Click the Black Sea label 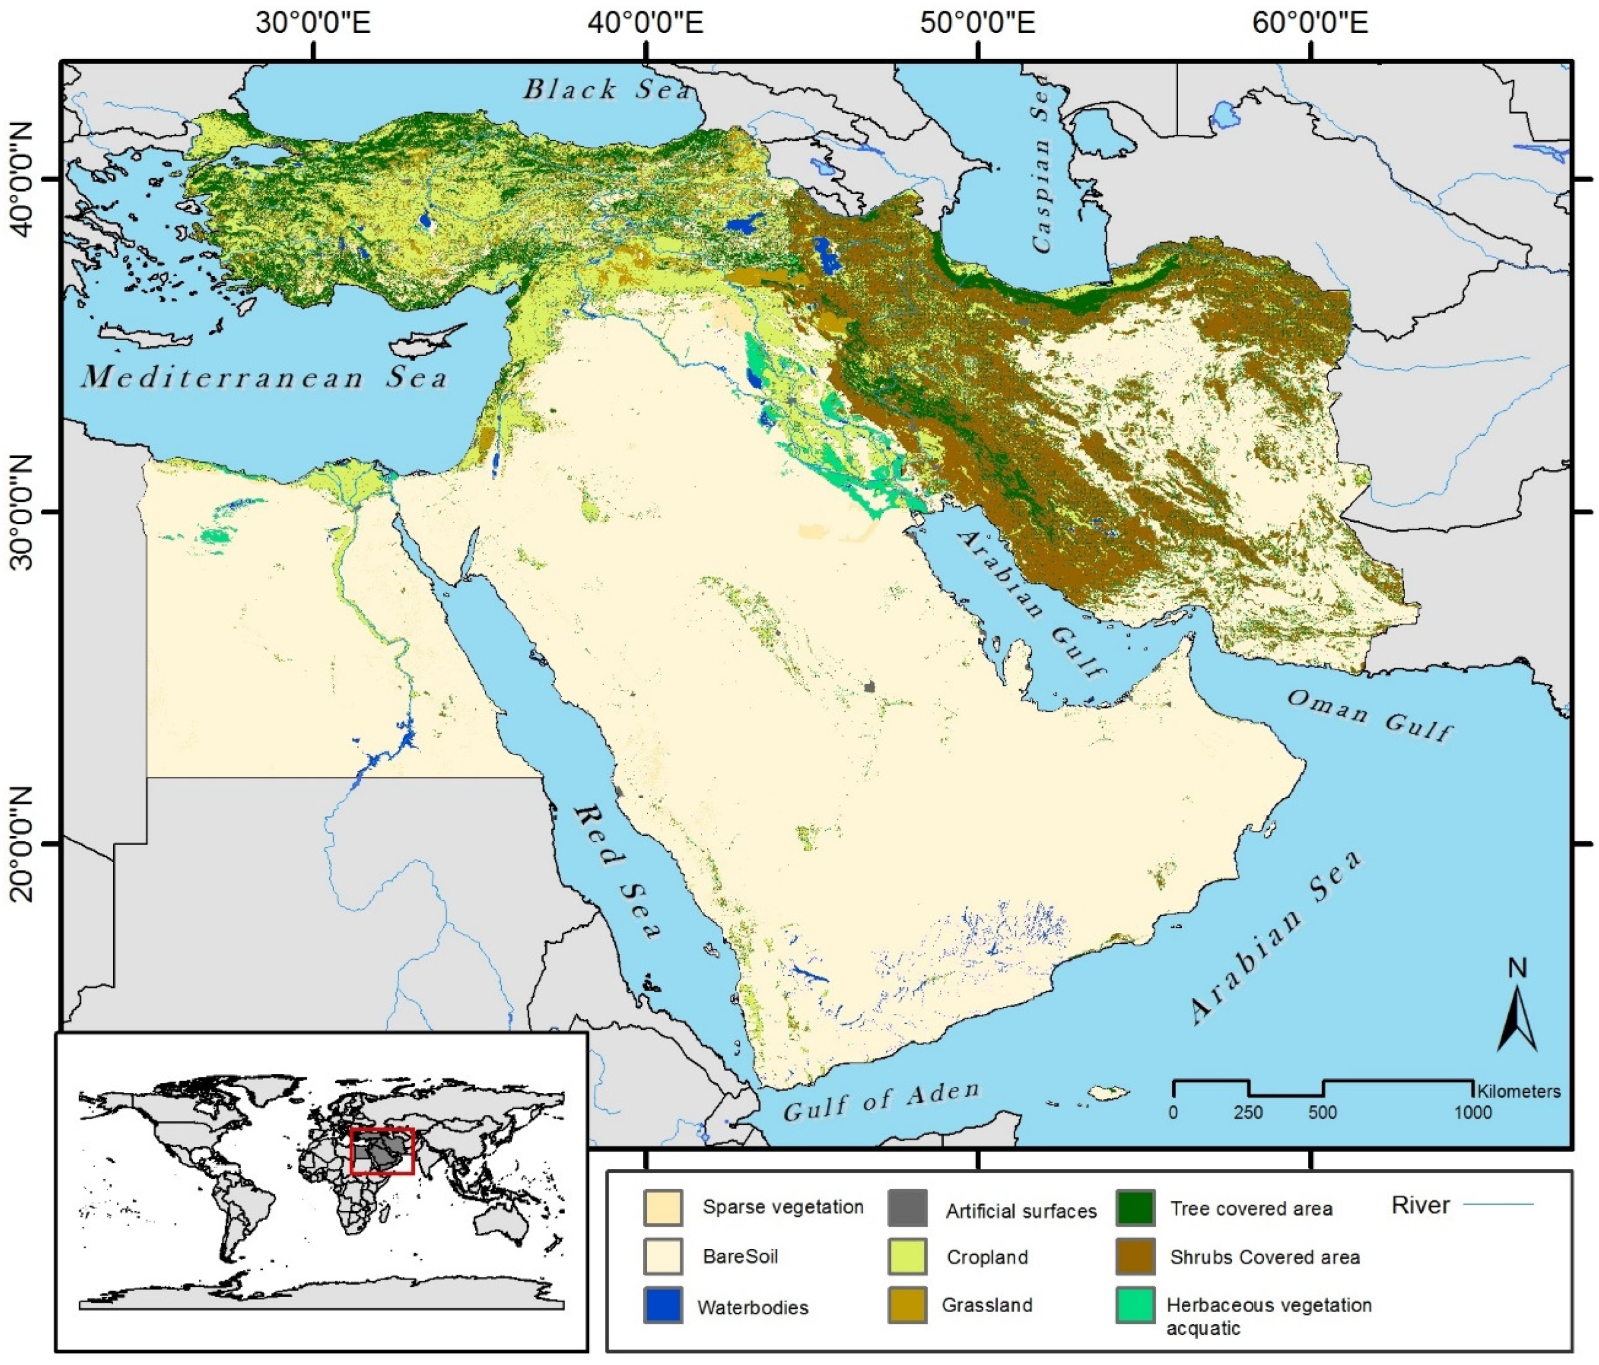pos(607,90)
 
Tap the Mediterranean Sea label pos(265,377)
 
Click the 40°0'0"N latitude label pos(23,179)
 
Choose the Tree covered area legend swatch pos(1135,1208)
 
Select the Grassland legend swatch pos(907,1305)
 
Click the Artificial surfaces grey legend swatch pos(907,1209)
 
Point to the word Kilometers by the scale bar pos(1518,1091)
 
